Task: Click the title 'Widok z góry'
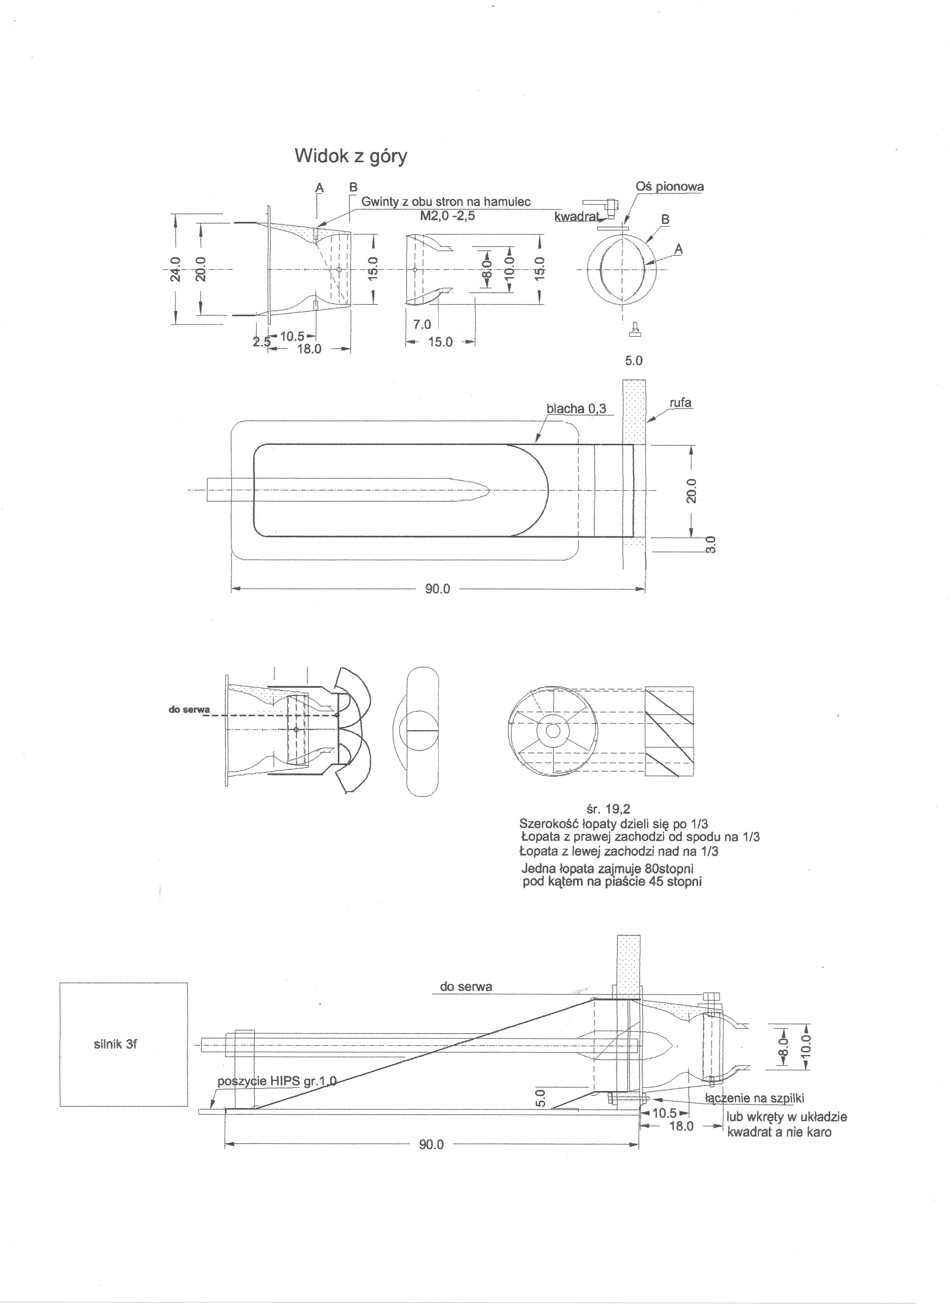coord(351,156)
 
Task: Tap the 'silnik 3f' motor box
coord(123,1044)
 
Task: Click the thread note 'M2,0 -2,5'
coord(448,216)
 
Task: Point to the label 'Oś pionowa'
coord(669,187)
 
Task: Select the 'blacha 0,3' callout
coord(576,409)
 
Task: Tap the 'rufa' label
coord(681,403)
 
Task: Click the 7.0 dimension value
coord(422,325)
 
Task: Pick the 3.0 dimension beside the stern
coord(711,544)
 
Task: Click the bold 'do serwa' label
coord(189,709)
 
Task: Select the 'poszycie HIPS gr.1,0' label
coord(277,1081)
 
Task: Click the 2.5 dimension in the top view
coord(261,342)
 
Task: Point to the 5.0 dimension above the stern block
coord(633,361)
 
